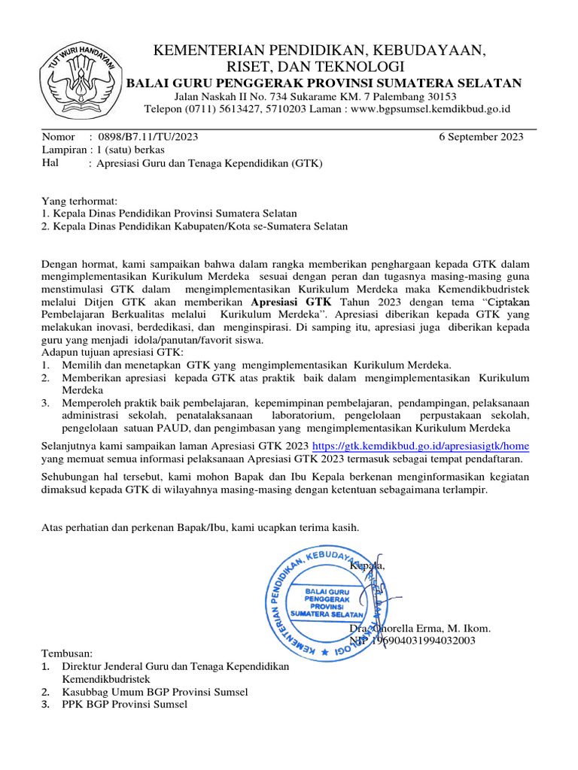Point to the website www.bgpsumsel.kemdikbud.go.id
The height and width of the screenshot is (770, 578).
click(430, 109)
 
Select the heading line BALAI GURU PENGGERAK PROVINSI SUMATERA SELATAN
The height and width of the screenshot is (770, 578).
click(323, 83)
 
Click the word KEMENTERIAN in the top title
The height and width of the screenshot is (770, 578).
click(199, 51)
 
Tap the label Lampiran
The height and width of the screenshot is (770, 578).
click(62, 150)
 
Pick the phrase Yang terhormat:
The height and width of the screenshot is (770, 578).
click(79, 202)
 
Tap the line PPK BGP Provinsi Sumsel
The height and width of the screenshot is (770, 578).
click(125, 704)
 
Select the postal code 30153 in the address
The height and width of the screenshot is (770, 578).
click(441, 97)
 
